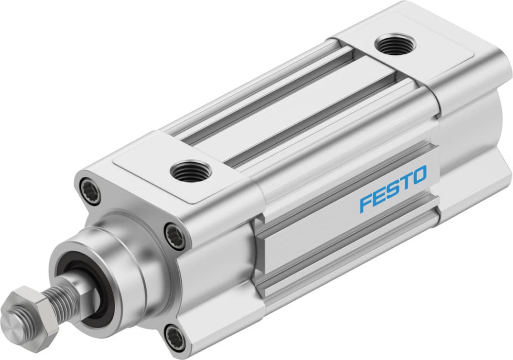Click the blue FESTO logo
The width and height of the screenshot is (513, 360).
coord(393,189)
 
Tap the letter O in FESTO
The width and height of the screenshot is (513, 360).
coord(419,174)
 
